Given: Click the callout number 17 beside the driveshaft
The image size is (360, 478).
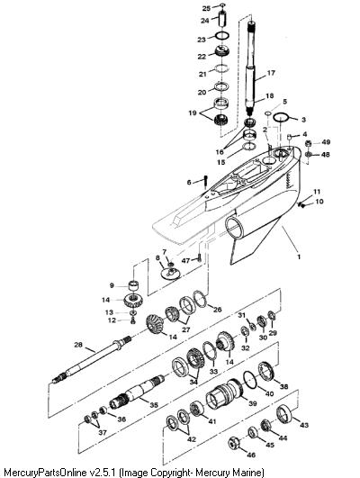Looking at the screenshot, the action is [x=271, y=73].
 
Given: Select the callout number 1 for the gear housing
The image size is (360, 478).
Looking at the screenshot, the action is [x=299, y=257].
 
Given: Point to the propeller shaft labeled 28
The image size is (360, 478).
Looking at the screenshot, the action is [x=91, y=360].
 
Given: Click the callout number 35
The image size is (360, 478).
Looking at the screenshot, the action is [x=154, y=405].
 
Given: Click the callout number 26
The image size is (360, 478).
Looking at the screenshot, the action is [x=217, y=310].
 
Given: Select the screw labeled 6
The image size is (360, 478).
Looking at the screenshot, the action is [x=206, y=180].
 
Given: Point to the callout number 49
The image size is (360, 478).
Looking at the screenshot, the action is [x=326, y=142].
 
